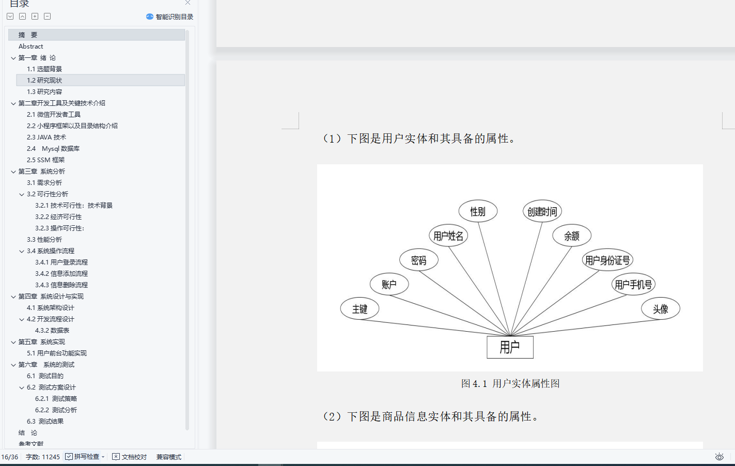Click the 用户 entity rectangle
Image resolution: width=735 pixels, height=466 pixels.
(510, 347)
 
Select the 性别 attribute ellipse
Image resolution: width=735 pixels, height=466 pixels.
(478, 211)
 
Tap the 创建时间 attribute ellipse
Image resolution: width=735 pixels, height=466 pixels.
(542, 211)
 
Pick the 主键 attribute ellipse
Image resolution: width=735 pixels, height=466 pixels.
(359, 308)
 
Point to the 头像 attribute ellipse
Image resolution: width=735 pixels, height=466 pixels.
(661, 308)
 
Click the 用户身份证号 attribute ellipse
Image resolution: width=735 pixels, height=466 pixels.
(607, 259)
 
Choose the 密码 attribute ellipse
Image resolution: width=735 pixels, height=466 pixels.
(419, 259)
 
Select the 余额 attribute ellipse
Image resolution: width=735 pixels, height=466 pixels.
(572, 235)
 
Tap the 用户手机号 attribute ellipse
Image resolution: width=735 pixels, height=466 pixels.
(633, 284)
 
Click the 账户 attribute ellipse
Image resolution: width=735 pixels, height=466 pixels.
(389, 284)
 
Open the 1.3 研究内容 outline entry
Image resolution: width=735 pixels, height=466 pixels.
(44, 91)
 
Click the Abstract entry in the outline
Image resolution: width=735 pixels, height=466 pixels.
(30, 46)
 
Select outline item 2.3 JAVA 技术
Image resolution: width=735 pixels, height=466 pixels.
(46, 137)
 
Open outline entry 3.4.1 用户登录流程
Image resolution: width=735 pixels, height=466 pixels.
(61, 262)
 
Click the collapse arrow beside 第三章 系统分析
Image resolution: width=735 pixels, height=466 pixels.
(13, 172)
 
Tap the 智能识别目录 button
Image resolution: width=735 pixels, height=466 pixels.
(169, 17)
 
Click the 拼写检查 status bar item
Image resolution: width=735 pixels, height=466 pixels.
(85, 457)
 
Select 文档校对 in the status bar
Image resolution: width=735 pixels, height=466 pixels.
(129, 457)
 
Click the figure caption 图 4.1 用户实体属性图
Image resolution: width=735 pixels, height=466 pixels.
(510, 383)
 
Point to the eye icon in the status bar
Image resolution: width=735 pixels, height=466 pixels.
(720, 457)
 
